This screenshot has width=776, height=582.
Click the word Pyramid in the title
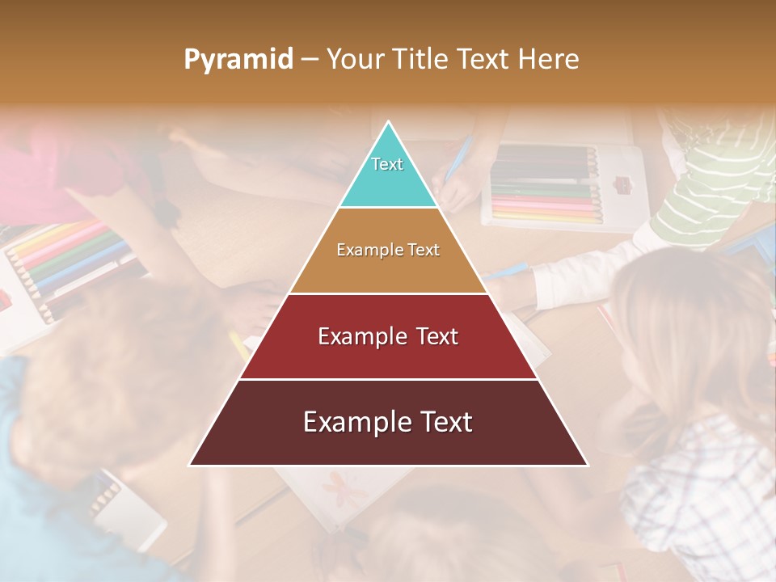(x=238, y=60)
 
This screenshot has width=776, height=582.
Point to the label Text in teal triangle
(x=387, y=164)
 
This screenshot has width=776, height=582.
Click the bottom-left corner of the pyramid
(x=191, y=465)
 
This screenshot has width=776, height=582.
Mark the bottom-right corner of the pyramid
(x=587, y=465)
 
